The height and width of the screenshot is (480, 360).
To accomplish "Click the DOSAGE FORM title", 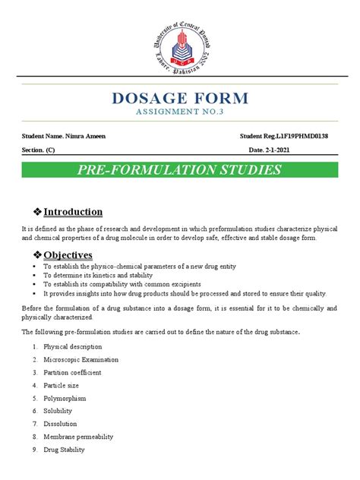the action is click(x=180, y=97).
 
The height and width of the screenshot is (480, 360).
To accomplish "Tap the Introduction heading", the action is click(x=73, y=211).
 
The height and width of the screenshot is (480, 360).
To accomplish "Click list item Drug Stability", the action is click(x=65, y=450).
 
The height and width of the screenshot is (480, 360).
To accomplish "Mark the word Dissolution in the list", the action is click(x=62, y=424).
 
